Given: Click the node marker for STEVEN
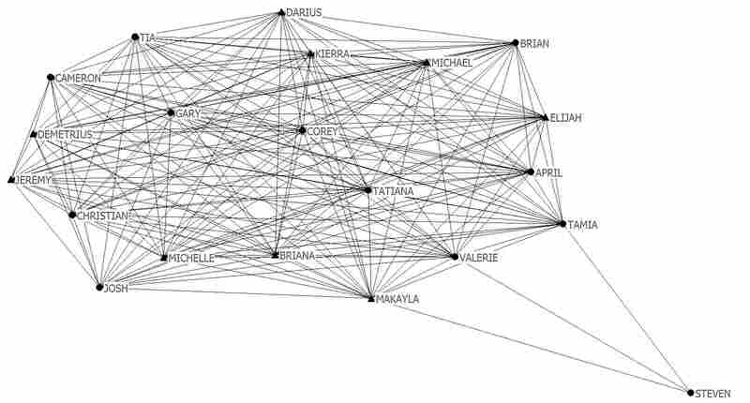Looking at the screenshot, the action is click(690, 393).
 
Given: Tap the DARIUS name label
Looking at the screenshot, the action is click(304, 12).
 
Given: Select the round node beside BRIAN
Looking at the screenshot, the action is click(515, 43).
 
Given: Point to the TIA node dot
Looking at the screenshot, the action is click(135, 37).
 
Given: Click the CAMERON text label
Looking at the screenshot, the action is click(78, 78).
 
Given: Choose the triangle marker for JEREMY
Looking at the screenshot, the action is click(11, 180).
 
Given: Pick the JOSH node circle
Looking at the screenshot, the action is click(99, 288).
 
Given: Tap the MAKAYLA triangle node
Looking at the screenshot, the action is click(371, 299).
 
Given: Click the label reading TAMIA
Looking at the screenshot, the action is click(582, 225).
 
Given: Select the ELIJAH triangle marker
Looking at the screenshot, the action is click(545, 117).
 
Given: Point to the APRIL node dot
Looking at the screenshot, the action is click(531, 172).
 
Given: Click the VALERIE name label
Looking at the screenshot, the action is click(478, 258).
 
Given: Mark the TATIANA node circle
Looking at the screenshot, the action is click(367, 190).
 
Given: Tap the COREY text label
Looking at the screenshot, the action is click(322, 131).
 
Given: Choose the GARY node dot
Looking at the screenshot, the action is click(171, 112).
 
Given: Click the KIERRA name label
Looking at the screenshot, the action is click(333, 54).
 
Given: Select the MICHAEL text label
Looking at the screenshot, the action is click(452, 63).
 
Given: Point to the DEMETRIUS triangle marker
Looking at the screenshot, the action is click(34, 135).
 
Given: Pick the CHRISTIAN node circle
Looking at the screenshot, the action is click(72, 216).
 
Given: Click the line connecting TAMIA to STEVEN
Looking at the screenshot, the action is click(626, 308).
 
